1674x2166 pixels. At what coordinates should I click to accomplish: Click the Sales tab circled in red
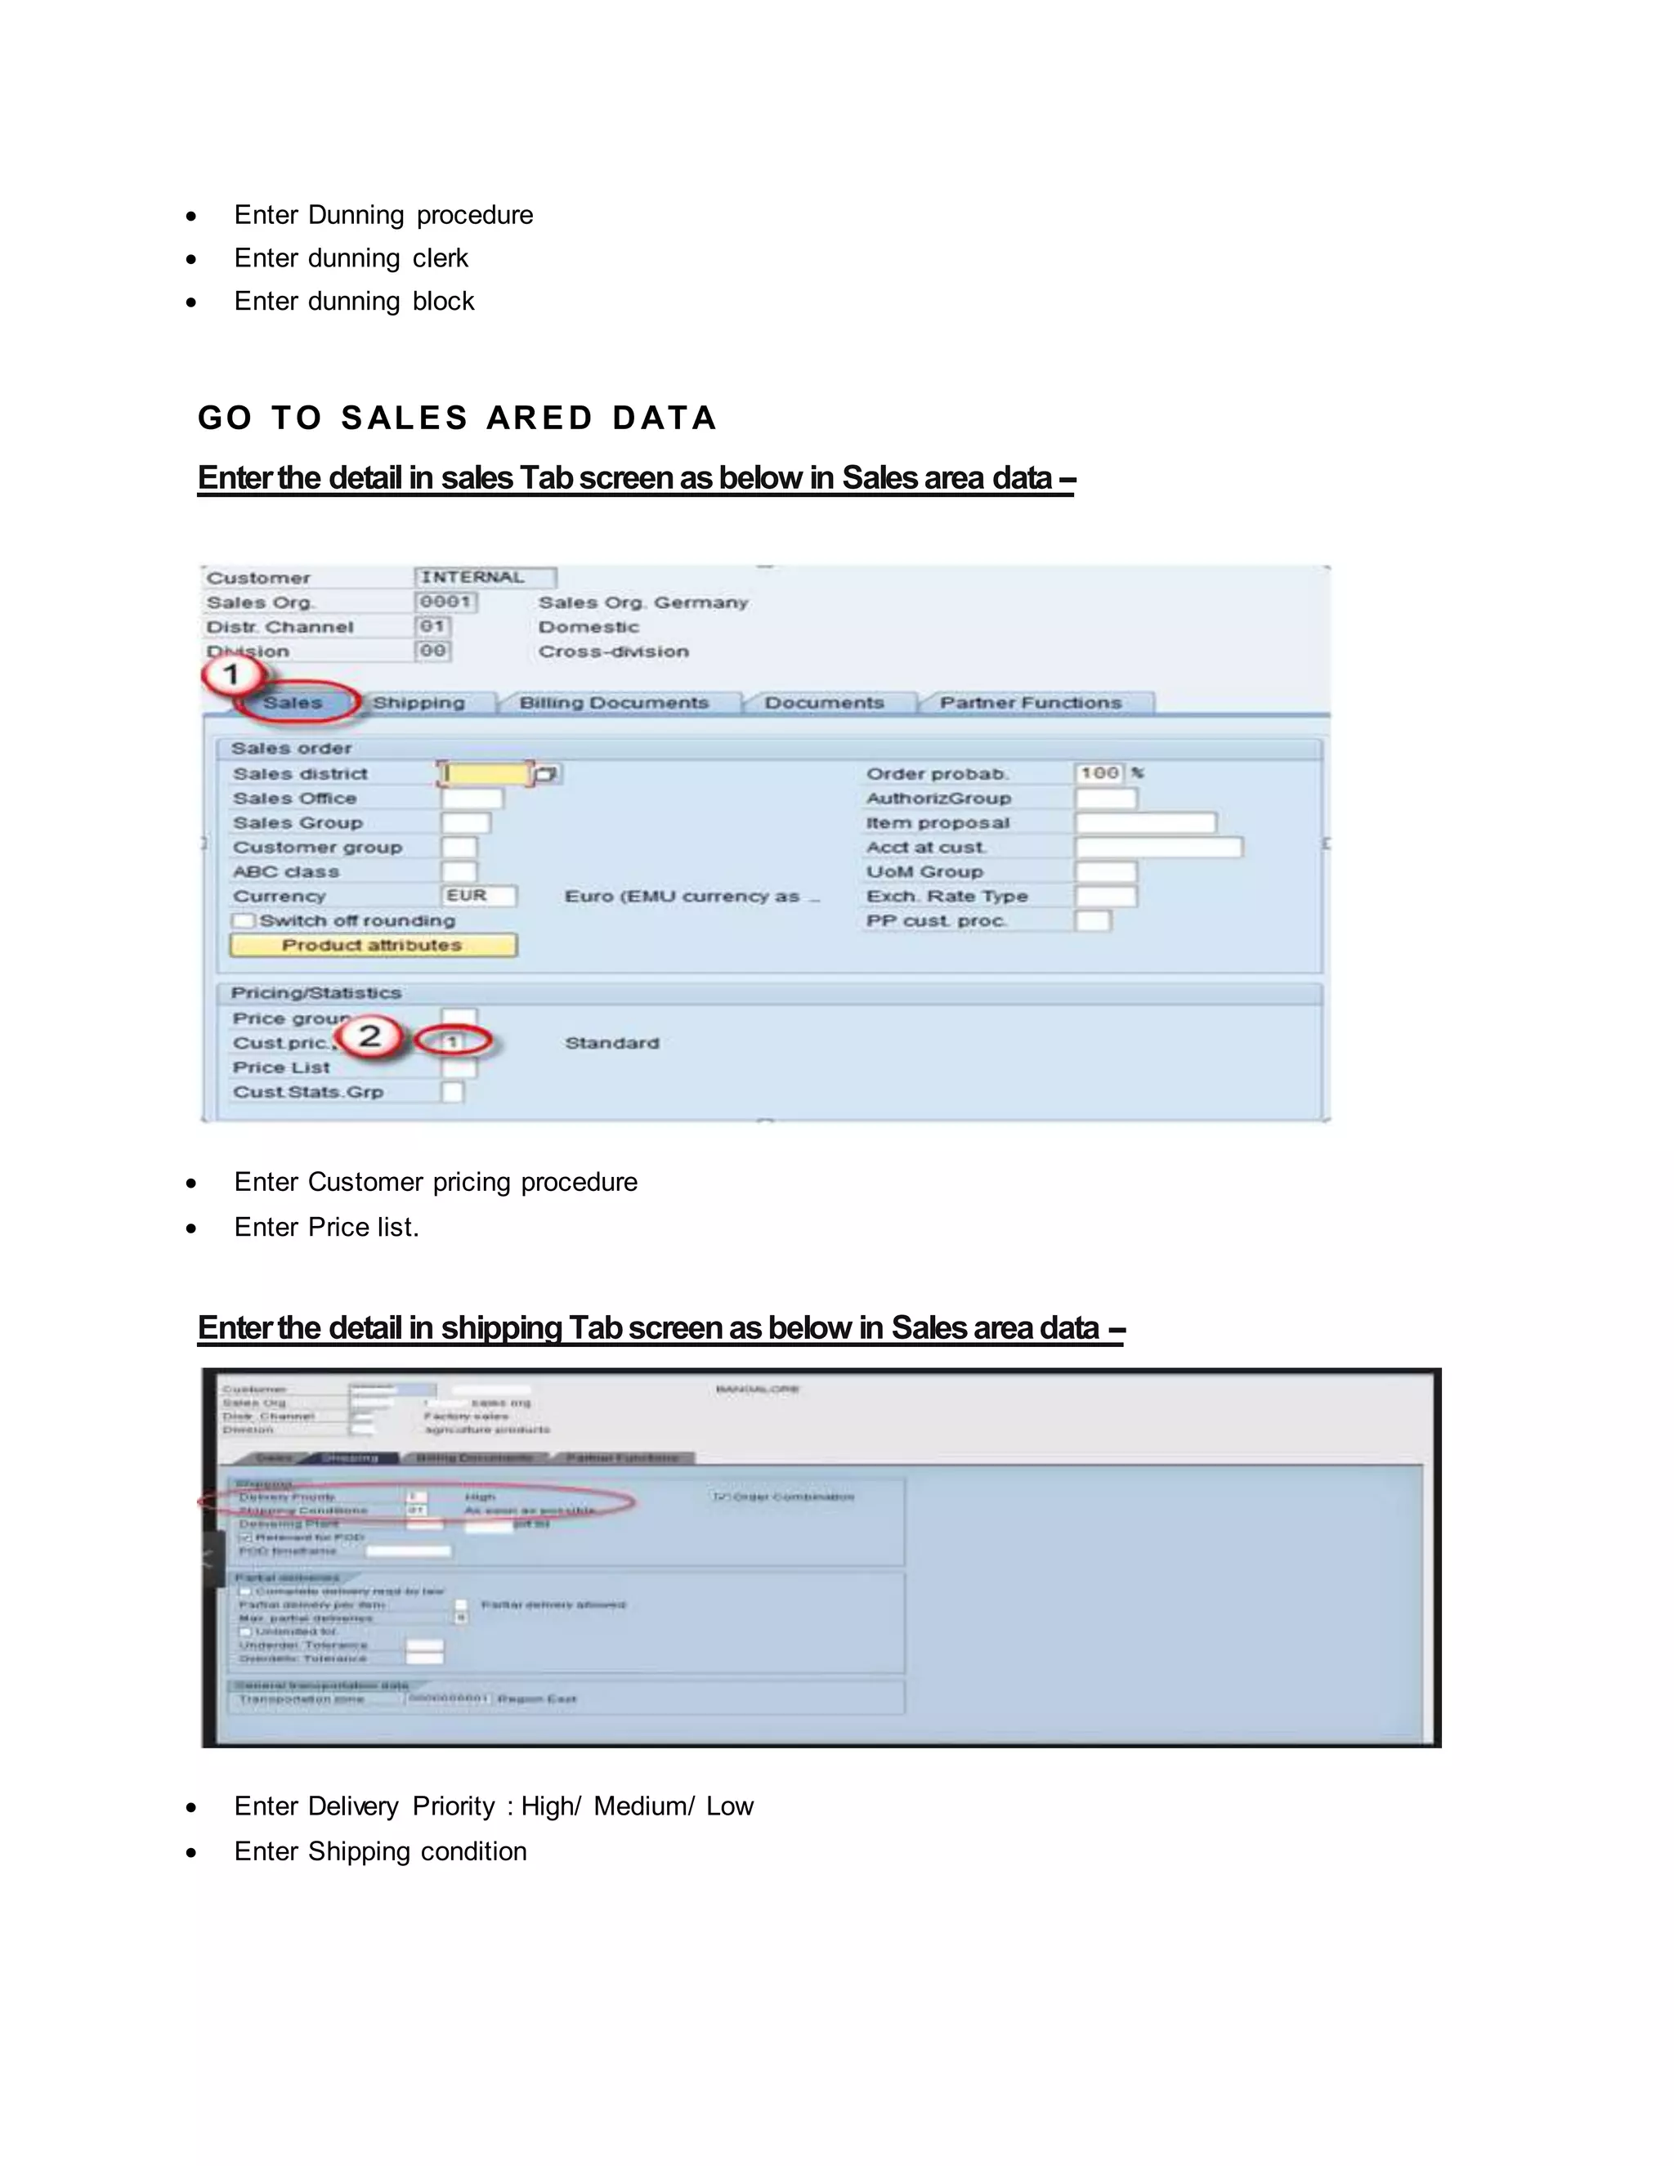tap(293, 702)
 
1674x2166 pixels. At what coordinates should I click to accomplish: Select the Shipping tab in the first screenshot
tap(418, 702)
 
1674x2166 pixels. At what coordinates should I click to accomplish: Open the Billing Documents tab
tap(614, 702)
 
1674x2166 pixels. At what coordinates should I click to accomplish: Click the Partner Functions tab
tap(1031, 702)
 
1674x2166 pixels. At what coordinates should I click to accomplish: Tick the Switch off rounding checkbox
tap(243, 920)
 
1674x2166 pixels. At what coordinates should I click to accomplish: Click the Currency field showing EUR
tap(478, 896)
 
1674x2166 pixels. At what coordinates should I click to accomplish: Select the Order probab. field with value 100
tap(1099, 772)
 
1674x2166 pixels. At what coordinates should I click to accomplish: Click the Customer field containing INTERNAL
tap(484, 577)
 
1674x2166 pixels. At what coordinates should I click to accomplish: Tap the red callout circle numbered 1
tap(231, 674)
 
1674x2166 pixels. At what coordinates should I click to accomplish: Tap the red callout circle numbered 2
tap(369, 1036)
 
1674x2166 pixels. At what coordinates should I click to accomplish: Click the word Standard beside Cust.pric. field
tap(612, 1043)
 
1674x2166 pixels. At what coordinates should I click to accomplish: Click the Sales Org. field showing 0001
tap(445, 602)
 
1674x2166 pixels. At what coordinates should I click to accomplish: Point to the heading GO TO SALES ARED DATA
tap(457, 418)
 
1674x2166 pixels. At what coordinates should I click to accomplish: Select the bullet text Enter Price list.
tap(326, 1227)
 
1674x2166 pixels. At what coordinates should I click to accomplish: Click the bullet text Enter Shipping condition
tap(380, 1850)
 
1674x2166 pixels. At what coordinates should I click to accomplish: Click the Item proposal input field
tap(1144, 822)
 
